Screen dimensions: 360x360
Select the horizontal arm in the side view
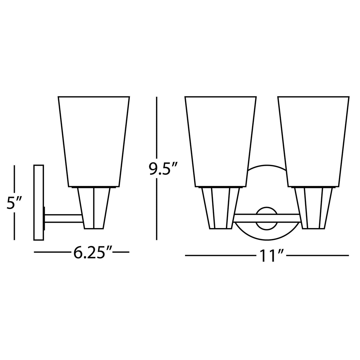[63, 219]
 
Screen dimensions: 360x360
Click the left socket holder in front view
[220, 208]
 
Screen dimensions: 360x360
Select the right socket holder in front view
[313, 208]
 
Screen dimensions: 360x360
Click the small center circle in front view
[266, 218]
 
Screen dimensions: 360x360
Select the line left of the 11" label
[219, 255]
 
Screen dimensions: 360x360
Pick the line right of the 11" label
[317, 255]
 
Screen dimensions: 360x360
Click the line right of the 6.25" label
[121, 252]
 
